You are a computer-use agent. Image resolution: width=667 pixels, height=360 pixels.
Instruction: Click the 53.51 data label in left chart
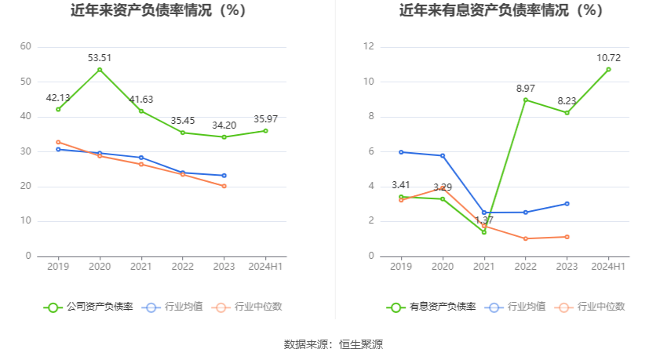[x=100, y=57]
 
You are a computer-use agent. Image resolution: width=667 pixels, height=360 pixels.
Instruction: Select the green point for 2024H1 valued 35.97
[x=265, y=130]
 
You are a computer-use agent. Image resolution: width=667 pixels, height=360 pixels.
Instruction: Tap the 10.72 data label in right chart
[x=608, y=57]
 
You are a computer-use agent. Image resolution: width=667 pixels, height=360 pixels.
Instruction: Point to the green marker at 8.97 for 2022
[x=526, y=100]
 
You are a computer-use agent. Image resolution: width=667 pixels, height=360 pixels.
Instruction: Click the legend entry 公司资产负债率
[x=89, y=307]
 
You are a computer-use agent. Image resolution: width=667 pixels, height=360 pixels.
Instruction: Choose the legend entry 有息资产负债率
[x=432, y=307]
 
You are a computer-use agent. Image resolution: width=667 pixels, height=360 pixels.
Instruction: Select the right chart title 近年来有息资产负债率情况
[x=501, y=11]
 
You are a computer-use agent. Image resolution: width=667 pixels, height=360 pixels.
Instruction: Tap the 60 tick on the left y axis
[x=26, y=47]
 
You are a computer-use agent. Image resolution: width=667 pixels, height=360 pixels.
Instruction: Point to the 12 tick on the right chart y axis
[x=368, y=47]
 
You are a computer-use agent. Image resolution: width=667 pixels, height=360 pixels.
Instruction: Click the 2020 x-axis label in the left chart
[x=100, y=267]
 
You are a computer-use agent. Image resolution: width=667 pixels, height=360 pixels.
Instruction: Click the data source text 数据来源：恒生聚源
[x=333, y=344]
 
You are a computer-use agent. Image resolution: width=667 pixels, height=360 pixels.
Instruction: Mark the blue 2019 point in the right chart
[x=401, y=152]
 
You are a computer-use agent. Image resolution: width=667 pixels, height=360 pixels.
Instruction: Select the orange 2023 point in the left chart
[x=224, y=186]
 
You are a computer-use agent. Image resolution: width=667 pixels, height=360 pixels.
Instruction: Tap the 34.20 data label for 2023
[x=224, y=125]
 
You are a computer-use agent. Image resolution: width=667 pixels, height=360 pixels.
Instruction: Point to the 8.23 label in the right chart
[x=567, y=100]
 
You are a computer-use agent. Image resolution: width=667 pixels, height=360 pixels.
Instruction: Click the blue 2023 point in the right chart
[x=567, y=204]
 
